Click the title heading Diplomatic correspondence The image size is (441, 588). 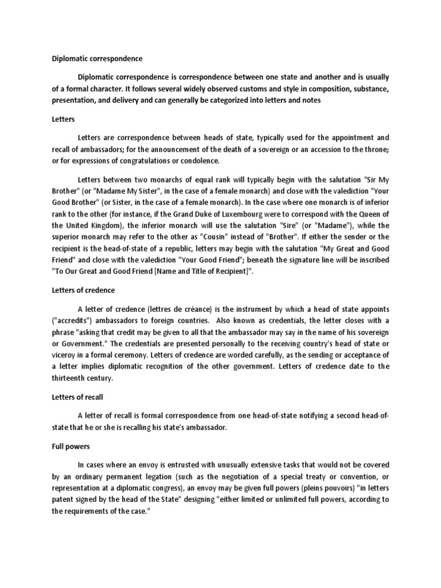click(x=98, y=59)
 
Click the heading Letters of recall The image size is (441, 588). click(x=78, y=397)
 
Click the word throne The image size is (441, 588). click(x=376, y=150)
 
